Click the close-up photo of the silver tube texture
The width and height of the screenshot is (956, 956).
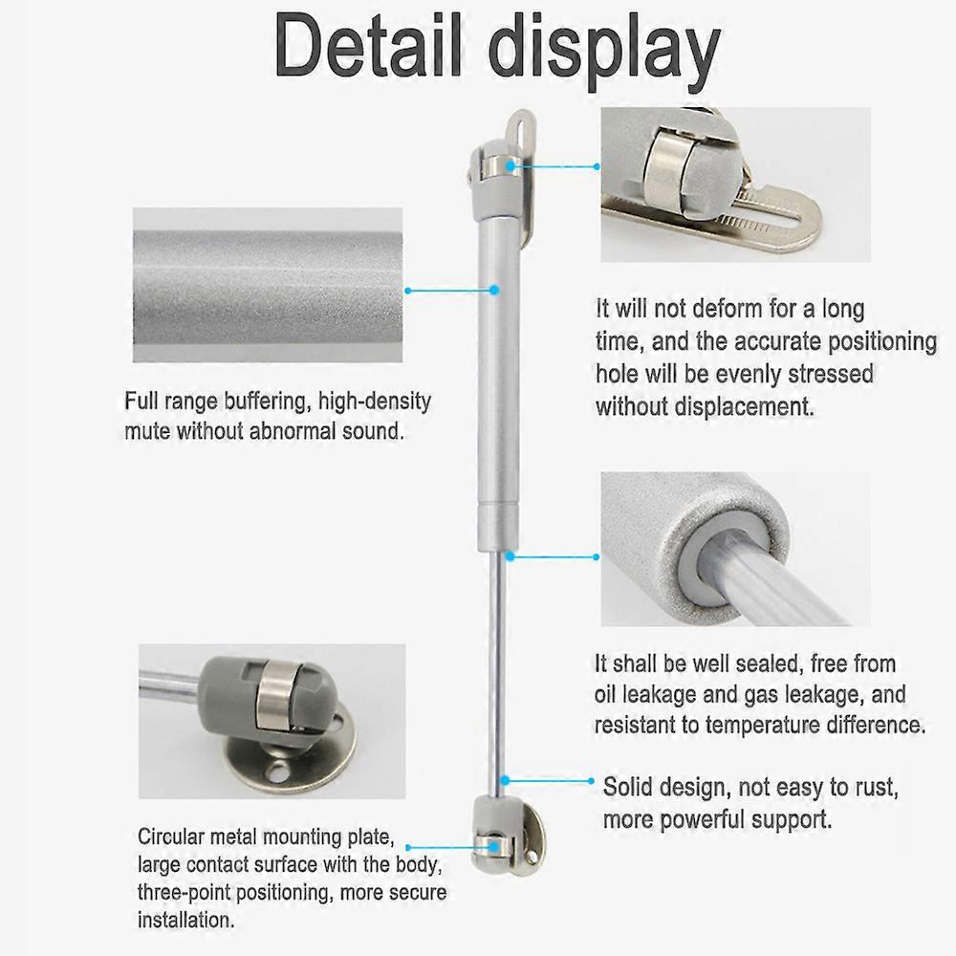pyautogui.click(x=268, y=285)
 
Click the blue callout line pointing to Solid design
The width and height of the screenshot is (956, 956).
pyautogui.click(x=550, y=781)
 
